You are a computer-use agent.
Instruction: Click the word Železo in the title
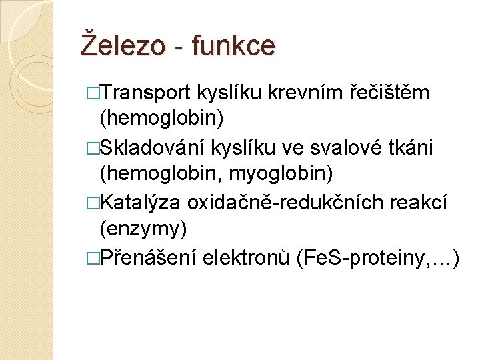pos(124,45)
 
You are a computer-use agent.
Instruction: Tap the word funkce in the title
pos(233,45)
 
